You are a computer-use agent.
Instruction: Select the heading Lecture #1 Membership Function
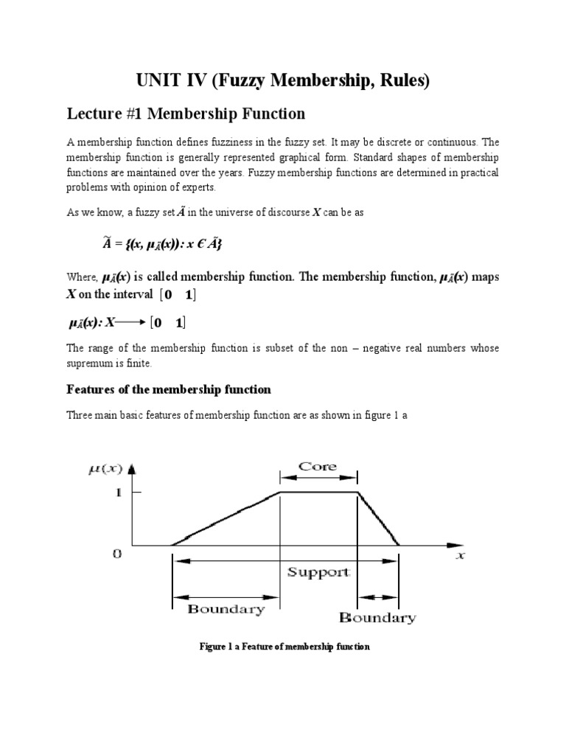pyautogui.click(x=184, y=114)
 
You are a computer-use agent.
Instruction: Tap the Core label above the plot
pyautogui.click(x=318, y=466)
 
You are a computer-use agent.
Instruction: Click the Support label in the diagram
pyautogui.click(x=318, y=572)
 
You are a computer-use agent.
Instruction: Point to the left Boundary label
pyautogui.click(x=226, y=609)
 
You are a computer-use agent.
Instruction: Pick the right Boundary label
pyautogui.click(x=377, y=618)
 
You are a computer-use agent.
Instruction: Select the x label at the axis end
pyautogui.click(x=460, y=557)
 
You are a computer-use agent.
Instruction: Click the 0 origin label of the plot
pyautogui.click(x=116, y=554)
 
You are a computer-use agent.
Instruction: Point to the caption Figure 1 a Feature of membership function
pyautogui.click(x=284, y=647)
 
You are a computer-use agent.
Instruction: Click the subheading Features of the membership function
pyautogui.click(x=169, y=389)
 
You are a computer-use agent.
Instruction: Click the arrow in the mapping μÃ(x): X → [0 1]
pyautogui.click(x=132, y=322)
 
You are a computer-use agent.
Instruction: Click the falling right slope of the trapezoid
pyautogui.click(x=378, y=520)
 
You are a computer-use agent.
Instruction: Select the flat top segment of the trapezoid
pyautogui.click(x=318, y=493)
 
